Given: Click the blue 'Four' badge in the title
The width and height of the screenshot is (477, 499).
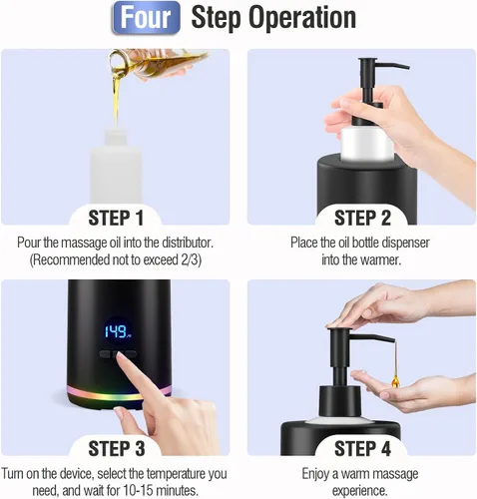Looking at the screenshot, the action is [x=146, y=18].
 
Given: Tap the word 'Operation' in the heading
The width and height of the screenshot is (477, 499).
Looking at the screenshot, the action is [x=302, y=17].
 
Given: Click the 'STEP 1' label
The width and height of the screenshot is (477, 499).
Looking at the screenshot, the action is [x=116, y=218].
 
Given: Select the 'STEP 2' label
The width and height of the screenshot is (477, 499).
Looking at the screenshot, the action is [x=362, y=218].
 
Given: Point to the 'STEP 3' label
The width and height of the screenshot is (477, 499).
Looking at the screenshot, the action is [x=117, y=448].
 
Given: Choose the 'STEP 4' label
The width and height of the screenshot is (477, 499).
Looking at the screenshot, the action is [x=362, y=448].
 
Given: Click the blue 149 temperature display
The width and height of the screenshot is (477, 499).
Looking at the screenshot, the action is [x=117, y=331].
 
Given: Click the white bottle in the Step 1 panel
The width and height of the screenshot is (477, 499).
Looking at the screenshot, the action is [x=116, y=167].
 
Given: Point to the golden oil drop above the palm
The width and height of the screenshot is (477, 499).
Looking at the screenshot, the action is [x=395, y=380].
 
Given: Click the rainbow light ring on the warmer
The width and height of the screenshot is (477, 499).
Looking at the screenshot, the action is [x=119, y=393].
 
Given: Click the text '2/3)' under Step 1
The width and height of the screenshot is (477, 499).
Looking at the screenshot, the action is [x=192, y=259].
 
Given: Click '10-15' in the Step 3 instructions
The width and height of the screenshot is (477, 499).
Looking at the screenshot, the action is [x=138, y=490].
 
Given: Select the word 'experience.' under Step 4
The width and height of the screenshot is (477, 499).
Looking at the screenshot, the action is [x=360, y=491].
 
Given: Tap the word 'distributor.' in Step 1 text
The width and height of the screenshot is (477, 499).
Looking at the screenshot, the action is [x=188, y=243].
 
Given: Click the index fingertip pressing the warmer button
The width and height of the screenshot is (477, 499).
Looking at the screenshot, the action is [x=120, y=356].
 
